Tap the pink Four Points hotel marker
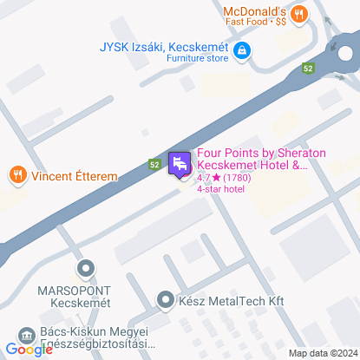pyautogui.click(x=180, y=164)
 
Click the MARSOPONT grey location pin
pyautogui.click(x=84, y=269)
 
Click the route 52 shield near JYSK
pyautogui.click(x=308, y=66)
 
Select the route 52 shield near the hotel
pyautogui.click(x=154, y=163)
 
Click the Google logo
pyautogui.click(x=29, y=350)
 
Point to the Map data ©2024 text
pyautogui.click(x=323, y=353)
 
